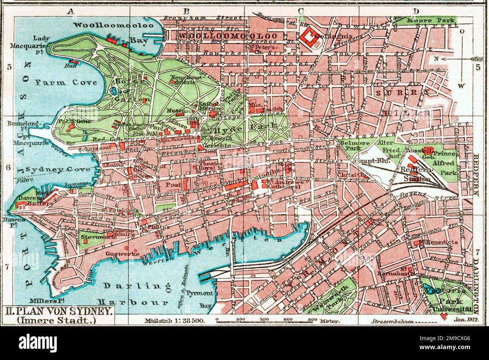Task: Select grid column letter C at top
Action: [x=301, y=11]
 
